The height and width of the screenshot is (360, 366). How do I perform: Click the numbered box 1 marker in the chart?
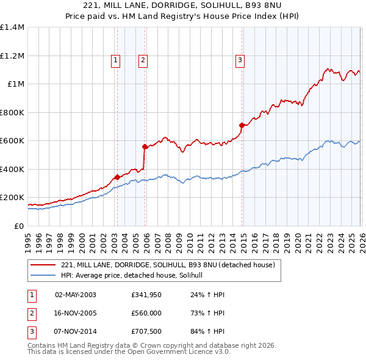(x=115, y=60)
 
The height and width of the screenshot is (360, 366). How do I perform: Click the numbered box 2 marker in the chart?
(x=142, y=60)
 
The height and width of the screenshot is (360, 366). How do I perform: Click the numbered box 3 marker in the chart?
(x=240, y=60)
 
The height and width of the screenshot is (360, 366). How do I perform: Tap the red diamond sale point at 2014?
(x=242, y=125)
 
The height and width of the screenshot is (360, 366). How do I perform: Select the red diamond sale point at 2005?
(x=145, y=146)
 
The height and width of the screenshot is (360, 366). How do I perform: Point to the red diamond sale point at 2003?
(x=117, y=178)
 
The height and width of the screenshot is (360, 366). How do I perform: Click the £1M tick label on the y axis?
(x=15, y=84)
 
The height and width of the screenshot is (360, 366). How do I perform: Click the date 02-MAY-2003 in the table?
(x=75, y=295)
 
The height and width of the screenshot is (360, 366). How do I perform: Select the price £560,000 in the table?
(x=146, y=314)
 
